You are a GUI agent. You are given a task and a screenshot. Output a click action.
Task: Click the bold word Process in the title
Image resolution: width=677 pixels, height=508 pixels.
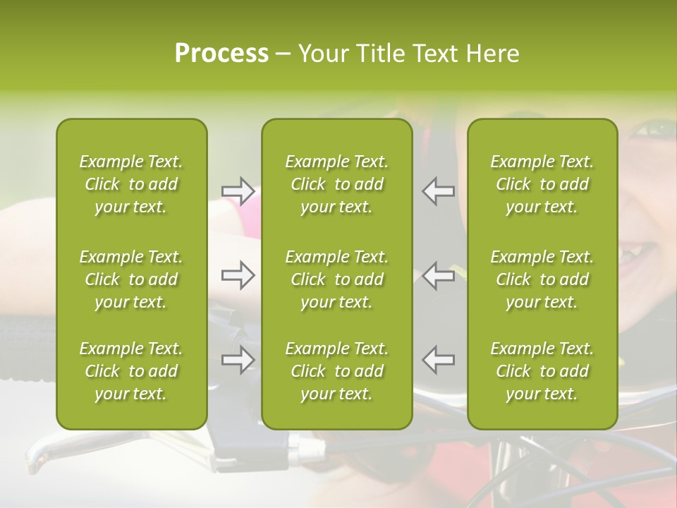tap(221, 54)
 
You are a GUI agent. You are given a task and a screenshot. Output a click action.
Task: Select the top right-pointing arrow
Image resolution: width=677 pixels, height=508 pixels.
tap(238, 190)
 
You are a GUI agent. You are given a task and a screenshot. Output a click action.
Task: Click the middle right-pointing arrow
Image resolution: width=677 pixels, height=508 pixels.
tap(238, 275)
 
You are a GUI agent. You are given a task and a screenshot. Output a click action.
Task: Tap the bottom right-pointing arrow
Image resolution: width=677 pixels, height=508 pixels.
tap(238, 360)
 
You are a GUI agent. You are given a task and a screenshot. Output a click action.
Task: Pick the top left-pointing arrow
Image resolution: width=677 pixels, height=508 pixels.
tap(438, 190)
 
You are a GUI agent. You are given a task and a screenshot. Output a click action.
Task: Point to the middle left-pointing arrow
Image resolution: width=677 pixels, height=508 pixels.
tap(438, 275)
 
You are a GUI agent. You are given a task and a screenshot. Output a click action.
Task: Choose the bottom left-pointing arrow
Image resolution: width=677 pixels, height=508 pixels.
tap(438, 360)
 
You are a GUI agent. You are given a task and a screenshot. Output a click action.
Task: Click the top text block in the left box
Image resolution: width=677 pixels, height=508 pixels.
tap(131, 184)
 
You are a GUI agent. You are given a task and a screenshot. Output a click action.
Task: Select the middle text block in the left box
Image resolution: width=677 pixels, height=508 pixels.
tap(131, 279)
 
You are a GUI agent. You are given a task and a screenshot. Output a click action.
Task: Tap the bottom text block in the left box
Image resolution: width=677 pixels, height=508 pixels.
tap(131, 371)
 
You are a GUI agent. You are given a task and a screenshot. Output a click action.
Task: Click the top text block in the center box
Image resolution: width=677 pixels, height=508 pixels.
tap(336, 184)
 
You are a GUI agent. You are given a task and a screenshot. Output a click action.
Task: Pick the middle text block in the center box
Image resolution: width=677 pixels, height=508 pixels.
tap(336, 279)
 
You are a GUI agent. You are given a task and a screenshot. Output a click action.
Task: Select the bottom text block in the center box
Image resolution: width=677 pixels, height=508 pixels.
tap(336, 371)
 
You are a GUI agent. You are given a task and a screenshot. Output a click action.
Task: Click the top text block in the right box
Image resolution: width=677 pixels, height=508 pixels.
tap(542, 184)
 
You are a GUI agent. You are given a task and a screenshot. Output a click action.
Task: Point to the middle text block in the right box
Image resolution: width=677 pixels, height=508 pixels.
tap(542, 279)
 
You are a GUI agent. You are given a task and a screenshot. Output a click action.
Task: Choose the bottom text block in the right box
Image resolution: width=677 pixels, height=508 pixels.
tap(542, 371)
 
